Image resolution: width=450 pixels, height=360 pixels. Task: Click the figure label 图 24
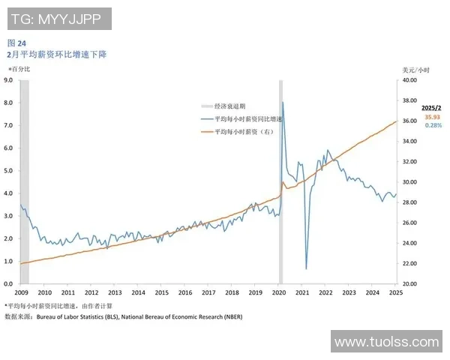(x=16, y=43)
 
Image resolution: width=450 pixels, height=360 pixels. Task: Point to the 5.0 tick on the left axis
(x=8, y=170)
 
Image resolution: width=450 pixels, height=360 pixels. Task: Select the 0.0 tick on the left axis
(x=8, y=284)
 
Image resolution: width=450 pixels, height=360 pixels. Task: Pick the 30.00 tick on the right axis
(x=409, y=181)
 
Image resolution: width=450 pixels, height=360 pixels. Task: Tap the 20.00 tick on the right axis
(x=409, y=284)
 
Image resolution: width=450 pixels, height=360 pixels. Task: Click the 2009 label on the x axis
(x=21, y=293)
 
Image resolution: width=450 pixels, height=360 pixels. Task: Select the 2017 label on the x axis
(x=208, y=293)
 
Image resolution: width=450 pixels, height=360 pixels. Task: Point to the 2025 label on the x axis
(x=395, y=293)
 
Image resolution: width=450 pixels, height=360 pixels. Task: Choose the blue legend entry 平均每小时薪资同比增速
(x=248, y=119)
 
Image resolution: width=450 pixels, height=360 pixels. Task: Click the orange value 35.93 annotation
(x=433, y=117)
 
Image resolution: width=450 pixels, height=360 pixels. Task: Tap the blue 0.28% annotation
(x=433, y=125)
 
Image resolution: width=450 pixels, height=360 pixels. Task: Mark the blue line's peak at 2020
(x=283, y=102)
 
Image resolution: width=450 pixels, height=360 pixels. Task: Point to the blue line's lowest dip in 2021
(x=306, y=268)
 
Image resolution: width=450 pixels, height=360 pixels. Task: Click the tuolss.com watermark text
(x=386, y=342)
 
